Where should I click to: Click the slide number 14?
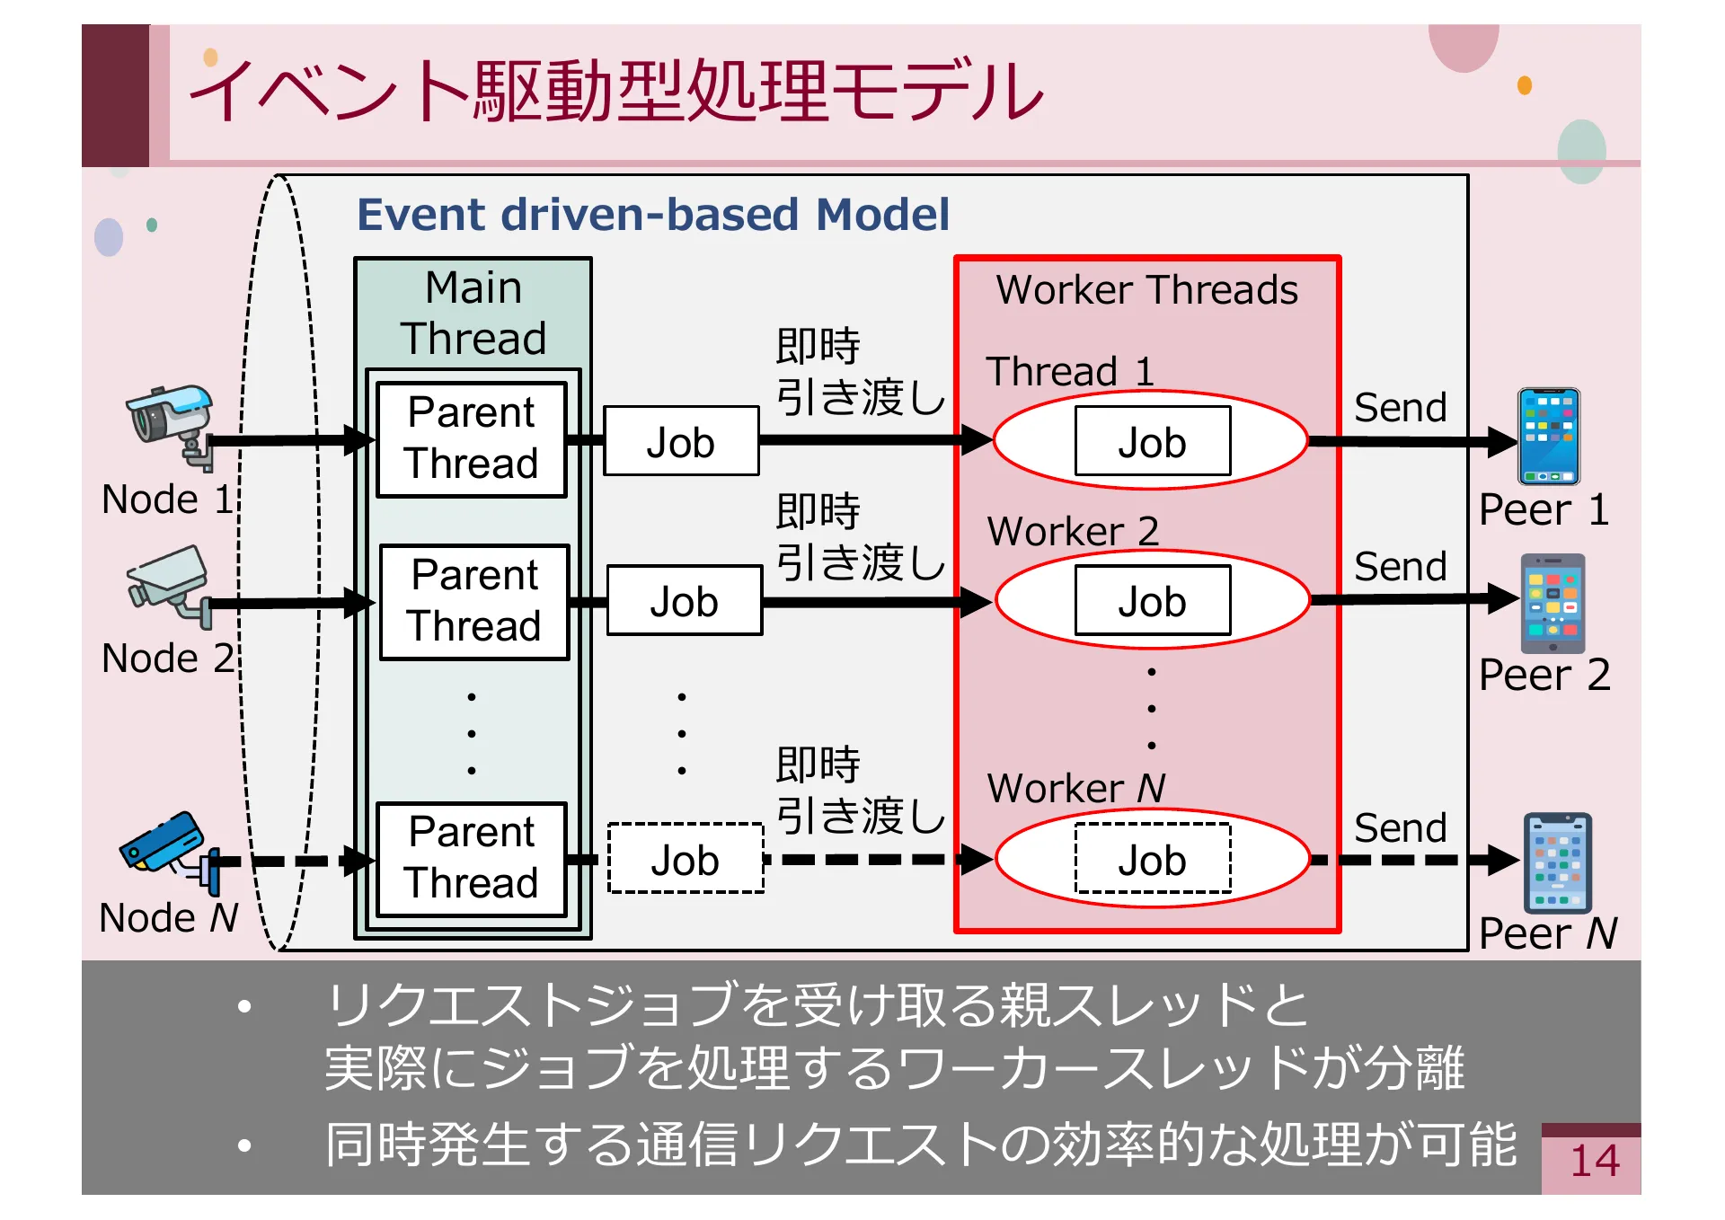[1594, 1161]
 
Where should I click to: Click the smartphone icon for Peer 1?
[1548, 437]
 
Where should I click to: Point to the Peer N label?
[1547, 933]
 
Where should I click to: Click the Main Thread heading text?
[473, 313]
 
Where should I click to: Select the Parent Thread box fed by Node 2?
[474, 601]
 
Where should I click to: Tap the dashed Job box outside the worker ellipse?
[686, 859]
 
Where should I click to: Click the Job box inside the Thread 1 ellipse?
[1152, 441]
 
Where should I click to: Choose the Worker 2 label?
[1073, 531]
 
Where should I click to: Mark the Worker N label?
[1076, 788]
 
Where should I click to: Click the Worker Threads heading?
[1146, 290]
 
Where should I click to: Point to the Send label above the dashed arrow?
[1400, 827]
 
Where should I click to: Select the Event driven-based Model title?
[652, 215]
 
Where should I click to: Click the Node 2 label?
[167, 659]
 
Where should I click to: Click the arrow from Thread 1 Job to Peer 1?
[1411, 441]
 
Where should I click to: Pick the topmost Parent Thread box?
[472, 438]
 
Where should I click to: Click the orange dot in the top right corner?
[1524, 85]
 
